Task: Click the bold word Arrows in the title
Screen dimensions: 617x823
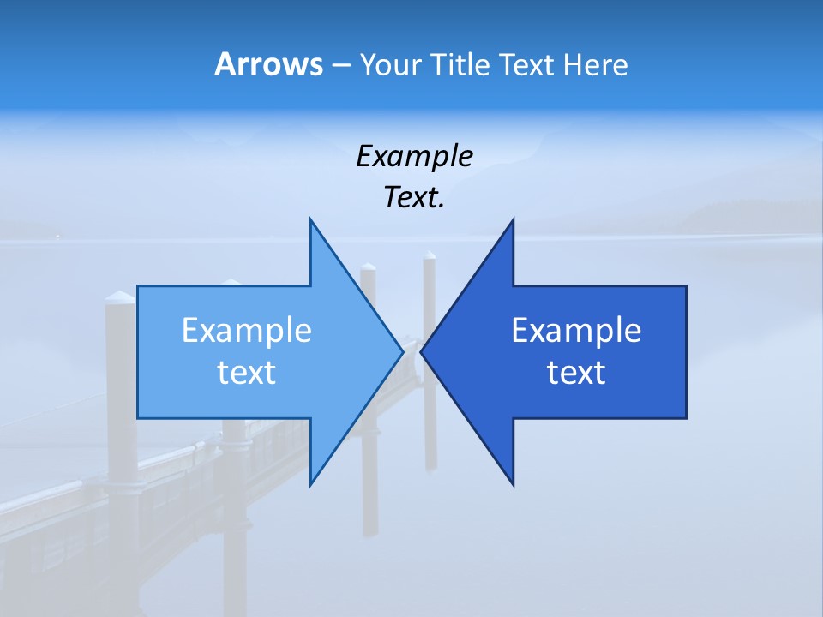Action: point(268,64)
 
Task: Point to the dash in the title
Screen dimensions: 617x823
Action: point(339,65)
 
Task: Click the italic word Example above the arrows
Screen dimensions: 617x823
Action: point(414,156)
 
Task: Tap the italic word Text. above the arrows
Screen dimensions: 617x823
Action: point(414,197)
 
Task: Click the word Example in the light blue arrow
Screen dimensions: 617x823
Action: point(247,330)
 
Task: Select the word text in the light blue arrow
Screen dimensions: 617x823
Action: point(247,372)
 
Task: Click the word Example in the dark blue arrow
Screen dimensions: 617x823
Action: point(576,330)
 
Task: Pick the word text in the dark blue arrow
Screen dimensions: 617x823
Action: point(576,372)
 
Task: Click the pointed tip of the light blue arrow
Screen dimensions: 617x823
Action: point(403,351)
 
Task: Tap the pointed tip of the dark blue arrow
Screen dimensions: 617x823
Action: point(421,351)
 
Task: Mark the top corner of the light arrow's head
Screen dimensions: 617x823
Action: point(310,219)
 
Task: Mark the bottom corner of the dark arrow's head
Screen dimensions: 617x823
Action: point(514,485)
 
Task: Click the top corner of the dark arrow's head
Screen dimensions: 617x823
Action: point(514,219)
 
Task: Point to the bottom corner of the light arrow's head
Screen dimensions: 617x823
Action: point(310,485)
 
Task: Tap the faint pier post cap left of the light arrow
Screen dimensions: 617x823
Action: point(120,298)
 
